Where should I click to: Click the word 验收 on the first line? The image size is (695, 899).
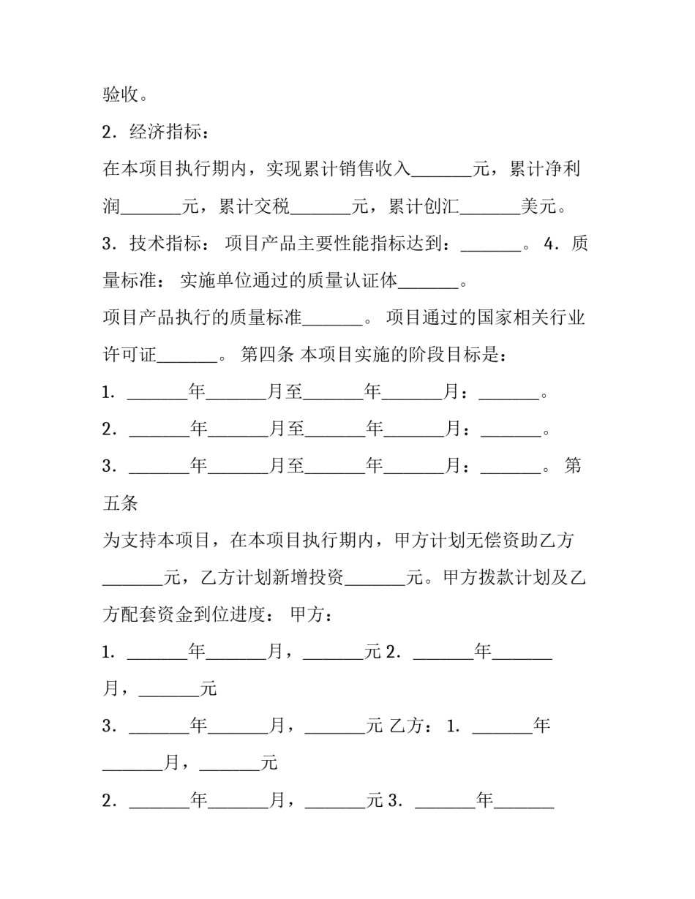[121, 95]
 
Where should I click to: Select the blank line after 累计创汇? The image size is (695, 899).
[489, 210]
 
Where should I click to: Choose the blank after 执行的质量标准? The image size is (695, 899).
[332, 322]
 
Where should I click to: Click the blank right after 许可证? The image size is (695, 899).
[187, 359]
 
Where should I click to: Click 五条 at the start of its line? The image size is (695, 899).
[121, 504]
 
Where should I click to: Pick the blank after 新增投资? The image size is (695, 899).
[375, 582]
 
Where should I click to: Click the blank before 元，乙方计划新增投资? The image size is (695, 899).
[132, 582]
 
